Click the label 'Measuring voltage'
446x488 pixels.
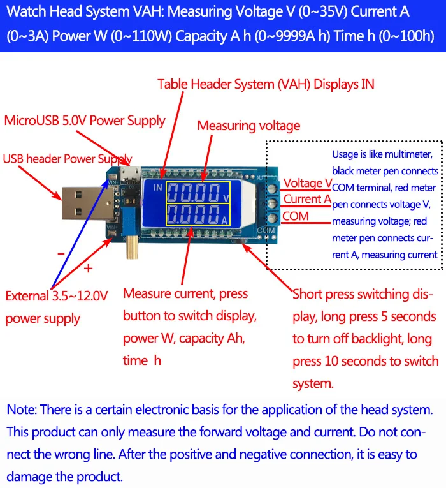248,126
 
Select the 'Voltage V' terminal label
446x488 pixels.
308,184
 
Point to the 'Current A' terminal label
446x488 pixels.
307,199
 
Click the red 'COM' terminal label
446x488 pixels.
296,216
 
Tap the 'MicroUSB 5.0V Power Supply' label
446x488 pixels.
85,121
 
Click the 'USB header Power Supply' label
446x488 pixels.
68,159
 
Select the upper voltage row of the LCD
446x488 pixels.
198,192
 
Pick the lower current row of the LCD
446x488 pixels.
198,214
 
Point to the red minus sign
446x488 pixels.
61,253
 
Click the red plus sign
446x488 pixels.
88,267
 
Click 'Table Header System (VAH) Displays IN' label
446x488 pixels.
266,84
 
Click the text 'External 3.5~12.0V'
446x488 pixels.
57,296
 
